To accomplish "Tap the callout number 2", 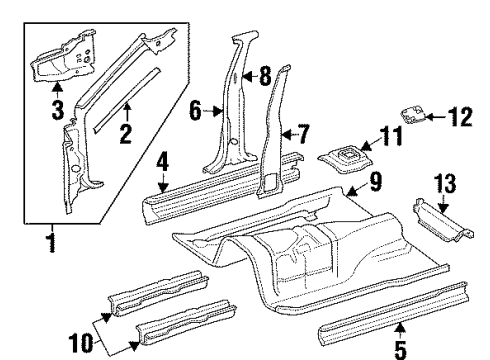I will [x=126, y=134].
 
